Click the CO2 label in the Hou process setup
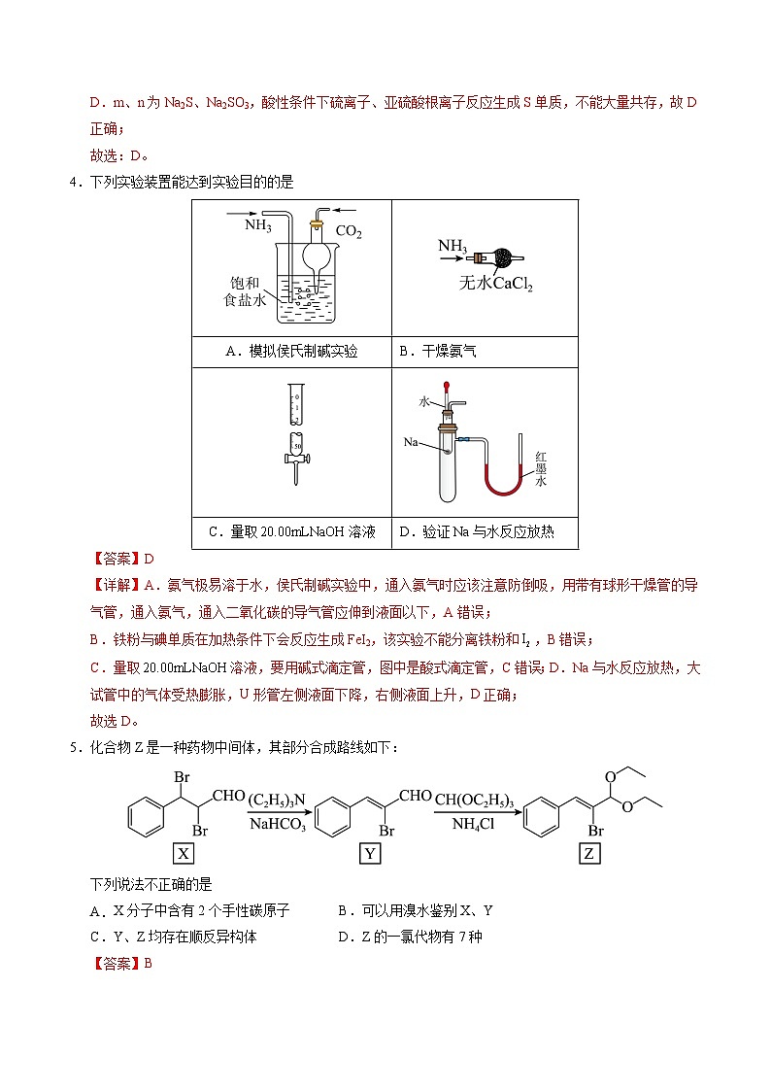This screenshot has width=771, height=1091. pyautogui.click(x=348, y=232)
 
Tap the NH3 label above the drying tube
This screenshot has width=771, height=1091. pyautogui.click(x=453, y=246)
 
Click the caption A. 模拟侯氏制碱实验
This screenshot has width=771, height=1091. pyautogui.click(x=291, y=352)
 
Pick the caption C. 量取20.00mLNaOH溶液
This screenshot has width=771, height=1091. pyautogui.click(x=291, y=531)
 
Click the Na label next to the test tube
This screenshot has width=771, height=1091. pyautogui.click(x=411, y=442)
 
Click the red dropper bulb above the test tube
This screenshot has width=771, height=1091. pyautogui.click(x=447, y=386)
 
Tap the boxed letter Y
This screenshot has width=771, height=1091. pyautogui.click(x=370, y=853)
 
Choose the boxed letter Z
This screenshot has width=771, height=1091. pyautogui.click(x=589, y=853)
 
